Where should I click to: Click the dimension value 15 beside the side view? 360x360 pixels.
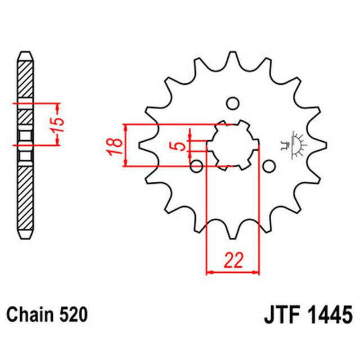coord(62,125)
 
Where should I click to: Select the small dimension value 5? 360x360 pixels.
coord(179,146)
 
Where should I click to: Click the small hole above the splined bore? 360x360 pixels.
coord(231,103)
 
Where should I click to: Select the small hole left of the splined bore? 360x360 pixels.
coord(196,166)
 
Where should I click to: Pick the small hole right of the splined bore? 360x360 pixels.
coord(269,166)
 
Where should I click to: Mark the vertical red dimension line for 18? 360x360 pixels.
coord(126,145)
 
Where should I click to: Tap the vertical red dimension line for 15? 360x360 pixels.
coord(56,125)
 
